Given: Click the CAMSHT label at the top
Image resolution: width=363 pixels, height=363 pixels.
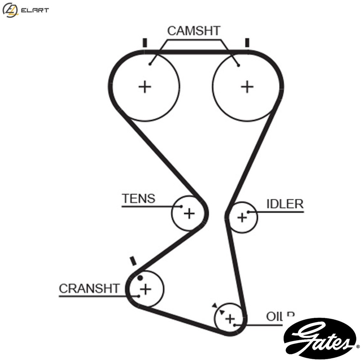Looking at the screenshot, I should coord(194,31).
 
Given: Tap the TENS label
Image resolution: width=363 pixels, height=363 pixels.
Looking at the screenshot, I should coord(138,199).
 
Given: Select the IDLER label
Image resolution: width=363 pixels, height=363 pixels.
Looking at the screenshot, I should coord(285,204).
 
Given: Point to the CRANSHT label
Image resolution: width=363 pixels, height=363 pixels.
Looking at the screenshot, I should coord(89,289).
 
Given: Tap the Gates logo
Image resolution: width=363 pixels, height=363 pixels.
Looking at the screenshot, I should coord(320,338).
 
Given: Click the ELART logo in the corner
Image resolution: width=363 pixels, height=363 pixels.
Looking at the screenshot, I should coord(25,10).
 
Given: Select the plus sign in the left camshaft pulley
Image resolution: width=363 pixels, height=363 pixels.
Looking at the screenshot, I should coord(145,87).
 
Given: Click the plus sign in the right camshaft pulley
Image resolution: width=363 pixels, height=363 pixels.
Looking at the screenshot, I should coord(247,87).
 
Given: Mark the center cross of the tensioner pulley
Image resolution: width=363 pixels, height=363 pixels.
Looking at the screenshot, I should coord(189,213).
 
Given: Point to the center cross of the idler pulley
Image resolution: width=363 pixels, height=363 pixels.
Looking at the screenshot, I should coord(242,217).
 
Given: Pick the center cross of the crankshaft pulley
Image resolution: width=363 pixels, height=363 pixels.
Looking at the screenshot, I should coord(145,289).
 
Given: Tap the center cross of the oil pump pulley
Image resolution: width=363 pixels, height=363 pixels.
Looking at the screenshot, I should coord(230,319).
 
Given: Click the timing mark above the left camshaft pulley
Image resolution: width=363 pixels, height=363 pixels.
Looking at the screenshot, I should coord(145,43).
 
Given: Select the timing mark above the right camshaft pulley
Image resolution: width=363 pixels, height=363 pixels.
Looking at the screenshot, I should coord(247,43).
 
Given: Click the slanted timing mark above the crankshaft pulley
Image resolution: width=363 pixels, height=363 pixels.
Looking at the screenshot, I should coord(133,261).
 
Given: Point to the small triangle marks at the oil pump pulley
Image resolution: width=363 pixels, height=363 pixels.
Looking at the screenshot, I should coord(219,309).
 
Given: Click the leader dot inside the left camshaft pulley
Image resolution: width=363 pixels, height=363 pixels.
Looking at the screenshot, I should coord(150,64).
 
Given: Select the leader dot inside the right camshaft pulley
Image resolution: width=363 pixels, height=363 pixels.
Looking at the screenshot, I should coord(238,65).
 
